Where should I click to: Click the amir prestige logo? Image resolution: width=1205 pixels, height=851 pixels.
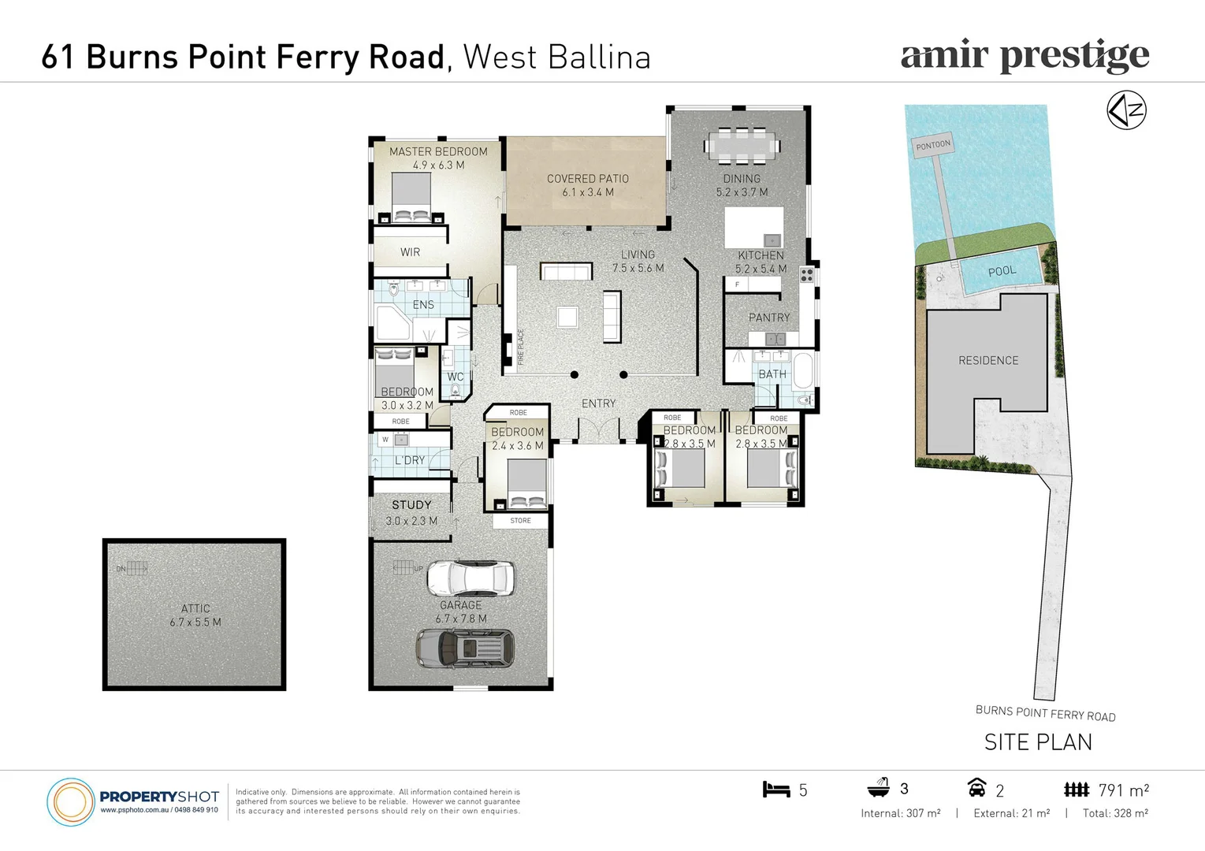click(x=1025, y=56)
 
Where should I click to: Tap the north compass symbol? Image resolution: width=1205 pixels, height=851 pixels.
click(x=1126, y=110)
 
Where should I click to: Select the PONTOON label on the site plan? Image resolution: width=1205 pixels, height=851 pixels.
click(x=933, y=145)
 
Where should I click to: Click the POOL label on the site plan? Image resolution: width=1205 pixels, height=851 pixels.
click(x=1002, y=271)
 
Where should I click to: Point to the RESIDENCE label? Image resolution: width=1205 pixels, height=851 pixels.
click(x=988, y=360)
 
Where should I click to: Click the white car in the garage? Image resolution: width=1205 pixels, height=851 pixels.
click(x=470, y=579)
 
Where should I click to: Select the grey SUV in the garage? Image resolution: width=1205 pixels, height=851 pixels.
click(x=465, y=648)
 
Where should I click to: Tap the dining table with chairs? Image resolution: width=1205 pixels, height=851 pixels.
click(x=742, y=145)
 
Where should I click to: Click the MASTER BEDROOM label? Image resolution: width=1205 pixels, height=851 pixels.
click(x=438, y=151)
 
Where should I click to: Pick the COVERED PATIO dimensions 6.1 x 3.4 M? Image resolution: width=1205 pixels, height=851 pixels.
click(x=588, y=192)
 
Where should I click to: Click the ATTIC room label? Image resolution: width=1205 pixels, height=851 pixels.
click(x=195, y=608)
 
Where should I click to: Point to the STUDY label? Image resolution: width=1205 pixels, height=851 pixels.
click(x=411, y=504)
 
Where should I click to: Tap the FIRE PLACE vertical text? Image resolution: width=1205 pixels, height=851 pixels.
click(x=520, y=347)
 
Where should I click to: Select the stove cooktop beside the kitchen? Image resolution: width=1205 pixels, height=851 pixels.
click(x=806, y=275)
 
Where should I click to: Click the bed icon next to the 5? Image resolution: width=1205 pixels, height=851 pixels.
click(x=775, y=790)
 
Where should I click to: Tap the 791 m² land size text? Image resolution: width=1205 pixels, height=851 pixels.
click(x=1123, y=790)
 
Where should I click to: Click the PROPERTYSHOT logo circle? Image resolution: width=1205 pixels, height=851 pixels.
click(x=71, y=802)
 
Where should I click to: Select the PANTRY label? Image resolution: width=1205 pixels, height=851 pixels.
click(x=768, y=318)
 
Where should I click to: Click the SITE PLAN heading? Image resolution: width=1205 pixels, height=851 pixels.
click(x=1038, y=742)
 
